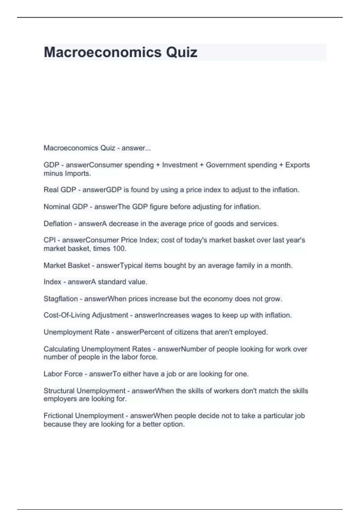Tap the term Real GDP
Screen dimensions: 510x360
[60, 190]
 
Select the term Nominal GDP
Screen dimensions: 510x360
[65, 207]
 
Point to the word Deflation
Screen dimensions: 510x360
[58, 223]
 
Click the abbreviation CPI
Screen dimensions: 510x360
[49, 240]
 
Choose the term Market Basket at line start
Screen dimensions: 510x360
[67, 265]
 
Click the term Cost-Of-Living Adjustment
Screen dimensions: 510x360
[86, 315]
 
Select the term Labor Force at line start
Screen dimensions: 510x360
[63, 374]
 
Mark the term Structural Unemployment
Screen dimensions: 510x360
[84, 391]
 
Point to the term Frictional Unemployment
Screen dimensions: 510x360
[83, 416]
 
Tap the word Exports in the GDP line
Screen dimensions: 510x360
[297, 165]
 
